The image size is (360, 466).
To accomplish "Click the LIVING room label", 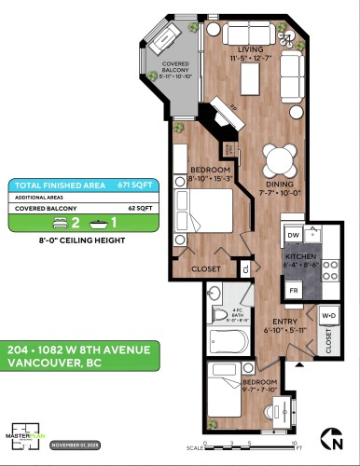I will (248, 49).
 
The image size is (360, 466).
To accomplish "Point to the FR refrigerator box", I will (293, 291).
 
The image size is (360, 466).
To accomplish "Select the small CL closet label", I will (245, 269).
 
